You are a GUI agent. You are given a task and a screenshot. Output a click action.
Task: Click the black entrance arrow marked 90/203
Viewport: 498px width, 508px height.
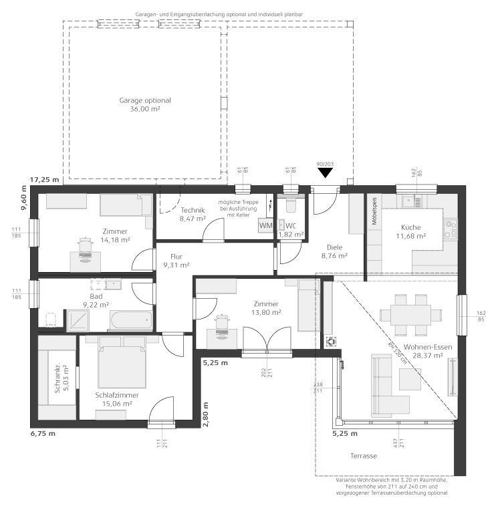coord(325,172)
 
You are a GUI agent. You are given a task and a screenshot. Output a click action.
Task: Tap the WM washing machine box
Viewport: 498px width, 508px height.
coord(265,225)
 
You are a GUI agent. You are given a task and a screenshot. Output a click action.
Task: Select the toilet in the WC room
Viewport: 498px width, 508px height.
coord(290,205)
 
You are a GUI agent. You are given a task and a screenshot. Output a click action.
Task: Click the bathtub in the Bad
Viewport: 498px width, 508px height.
coord(131,320)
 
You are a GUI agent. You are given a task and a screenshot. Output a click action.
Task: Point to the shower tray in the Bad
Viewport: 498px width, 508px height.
coord(78,320)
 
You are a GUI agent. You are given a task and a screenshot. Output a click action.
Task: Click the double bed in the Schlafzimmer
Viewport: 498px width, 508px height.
coord(122,362)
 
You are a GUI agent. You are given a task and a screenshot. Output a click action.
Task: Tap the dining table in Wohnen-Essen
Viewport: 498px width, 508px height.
coord(410,315)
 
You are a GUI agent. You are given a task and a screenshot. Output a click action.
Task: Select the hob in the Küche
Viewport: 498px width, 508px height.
coord(451,229)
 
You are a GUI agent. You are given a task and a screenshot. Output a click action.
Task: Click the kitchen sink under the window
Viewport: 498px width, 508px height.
coord(412,201)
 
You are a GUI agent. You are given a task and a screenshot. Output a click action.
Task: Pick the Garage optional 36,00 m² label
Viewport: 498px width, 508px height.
coord(145,105)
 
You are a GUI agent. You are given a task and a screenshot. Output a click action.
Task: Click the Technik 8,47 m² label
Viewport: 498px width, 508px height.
coord(193,214)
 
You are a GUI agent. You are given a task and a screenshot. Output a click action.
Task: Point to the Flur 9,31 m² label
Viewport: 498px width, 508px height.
coord(176,261)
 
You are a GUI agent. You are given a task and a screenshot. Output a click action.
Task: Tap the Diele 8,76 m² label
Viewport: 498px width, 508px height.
coord(334,251)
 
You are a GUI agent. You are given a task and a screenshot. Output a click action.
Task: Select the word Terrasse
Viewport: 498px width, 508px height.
coord(364,456)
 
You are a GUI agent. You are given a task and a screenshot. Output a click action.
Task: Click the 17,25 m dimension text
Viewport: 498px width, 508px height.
coord(45,180)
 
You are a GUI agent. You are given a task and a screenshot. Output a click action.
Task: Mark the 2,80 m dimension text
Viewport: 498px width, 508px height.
coord(205,414)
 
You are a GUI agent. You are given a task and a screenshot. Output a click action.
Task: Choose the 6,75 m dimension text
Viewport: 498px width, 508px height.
coord(43,434)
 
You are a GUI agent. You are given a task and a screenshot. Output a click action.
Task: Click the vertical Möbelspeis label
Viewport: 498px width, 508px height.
coord(374,211)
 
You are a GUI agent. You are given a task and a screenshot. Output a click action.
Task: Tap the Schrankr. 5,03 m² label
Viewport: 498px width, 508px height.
coord(61,378)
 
